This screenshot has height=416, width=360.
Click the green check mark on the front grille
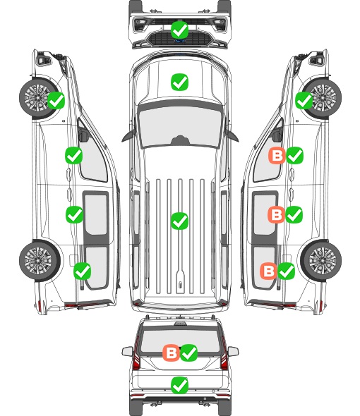180,30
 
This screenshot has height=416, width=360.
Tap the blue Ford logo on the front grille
180,41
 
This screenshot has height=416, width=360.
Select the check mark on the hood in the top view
180,82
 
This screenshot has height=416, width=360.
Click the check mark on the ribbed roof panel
180,221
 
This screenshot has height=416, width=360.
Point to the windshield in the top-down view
180,127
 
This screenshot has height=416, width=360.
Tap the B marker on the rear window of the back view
171,353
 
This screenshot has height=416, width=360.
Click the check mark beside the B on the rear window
189,353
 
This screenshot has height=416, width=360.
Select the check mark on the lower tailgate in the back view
180,385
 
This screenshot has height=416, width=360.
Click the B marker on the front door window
277,155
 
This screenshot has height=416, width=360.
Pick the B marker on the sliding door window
276,214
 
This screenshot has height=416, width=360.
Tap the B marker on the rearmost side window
268,271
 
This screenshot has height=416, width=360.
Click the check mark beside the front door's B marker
294,155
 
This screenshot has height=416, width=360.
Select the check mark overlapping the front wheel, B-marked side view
304,101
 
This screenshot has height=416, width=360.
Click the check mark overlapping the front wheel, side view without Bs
56,101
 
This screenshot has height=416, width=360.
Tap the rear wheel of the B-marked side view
321,261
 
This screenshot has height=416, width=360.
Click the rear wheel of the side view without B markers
40,261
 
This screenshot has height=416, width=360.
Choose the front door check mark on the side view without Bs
74,155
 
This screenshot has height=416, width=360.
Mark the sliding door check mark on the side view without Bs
74,214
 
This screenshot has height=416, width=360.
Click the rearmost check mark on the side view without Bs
83,271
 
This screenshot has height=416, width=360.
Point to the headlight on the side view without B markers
43,59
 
